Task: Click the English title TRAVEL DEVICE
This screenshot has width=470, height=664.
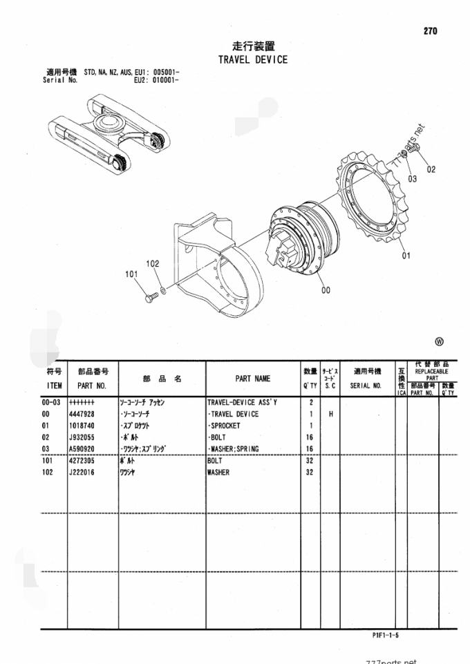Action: pyautogui.click(x=252, y=60)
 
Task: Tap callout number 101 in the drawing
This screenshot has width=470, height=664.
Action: pyautogui.click(x=133, y=274)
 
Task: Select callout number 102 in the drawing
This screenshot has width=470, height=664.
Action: pyautogui.click(x=153, y=263)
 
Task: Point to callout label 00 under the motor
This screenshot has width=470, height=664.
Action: pyautogui.click(x=326, y=290)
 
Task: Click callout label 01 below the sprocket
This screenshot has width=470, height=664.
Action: pyautogui.click(x=406, y=255)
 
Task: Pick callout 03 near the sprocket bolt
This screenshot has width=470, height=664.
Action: pyautogui.click(x=413, y=178)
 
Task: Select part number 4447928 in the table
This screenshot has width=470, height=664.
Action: pyautogui.click(x=84, y=414)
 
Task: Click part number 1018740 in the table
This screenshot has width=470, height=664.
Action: pyautogui.click(x=84, y=426)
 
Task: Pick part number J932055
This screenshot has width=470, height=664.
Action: pyautogui.click(x=84, y=437)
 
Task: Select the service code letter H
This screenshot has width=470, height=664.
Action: pyautogui.click(x=331, y=414)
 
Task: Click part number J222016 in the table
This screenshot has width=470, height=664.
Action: pyautogui.click(x=84, y=473)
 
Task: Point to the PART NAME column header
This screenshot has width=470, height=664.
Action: pyautogui.click(x=252, y=379)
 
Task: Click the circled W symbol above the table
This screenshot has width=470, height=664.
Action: pyautogui.click(x=439, y=341)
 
